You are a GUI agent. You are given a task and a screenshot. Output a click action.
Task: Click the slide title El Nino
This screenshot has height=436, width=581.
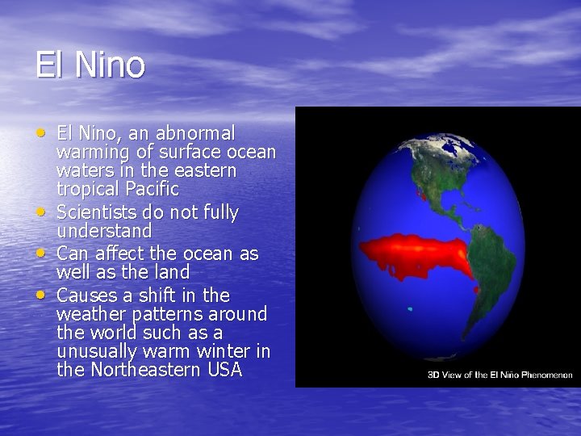[90, 65]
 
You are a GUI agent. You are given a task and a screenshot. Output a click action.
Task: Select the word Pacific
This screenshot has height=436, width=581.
[150, 190]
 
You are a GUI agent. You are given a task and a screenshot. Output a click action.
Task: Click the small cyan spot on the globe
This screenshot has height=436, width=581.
[411, 309]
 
